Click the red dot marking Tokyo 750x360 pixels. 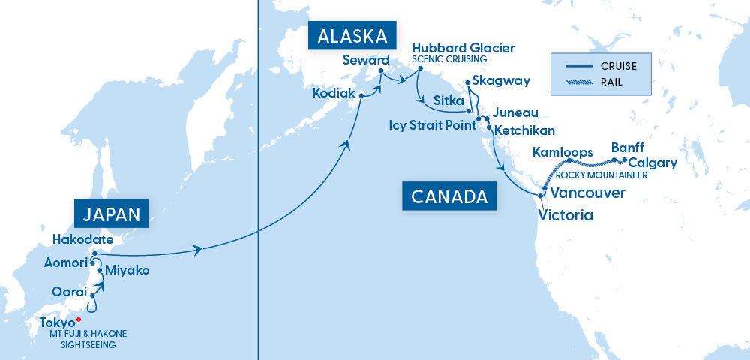pyautogui.click(x=79, y=319)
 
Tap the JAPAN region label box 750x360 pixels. pyautogui.click(x=111, y=214)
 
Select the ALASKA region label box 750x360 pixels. pyautogui.click(x=352, y=37)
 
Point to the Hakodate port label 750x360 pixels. pyautogui.click(x=82, y=240)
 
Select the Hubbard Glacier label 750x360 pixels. pyautogui.click(x=463, y=48)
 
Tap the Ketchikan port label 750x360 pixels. pyautogui.click(x=524, y=130)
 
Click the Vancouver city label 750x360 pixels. pyautogui.click(x=587, y=193)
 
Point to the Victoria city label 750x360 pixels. pyautogui.click(x=565, y=216)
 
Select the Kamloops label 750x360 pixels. pyautogui.click(x=562, y=152)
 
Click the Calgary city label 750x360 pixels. pyautogui.click(x=652, y=163)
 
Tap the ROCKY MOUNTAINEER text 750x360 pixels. pyautogui.click(x=601, y=175)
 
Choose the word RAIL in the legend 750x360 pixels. pyautogui.click(x=611, y=82)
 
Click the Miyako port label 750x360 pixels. pyautogui.click(x=127, y=270)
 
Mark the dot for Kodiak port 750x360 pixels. pyautogui.click(x=361, y=96)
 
